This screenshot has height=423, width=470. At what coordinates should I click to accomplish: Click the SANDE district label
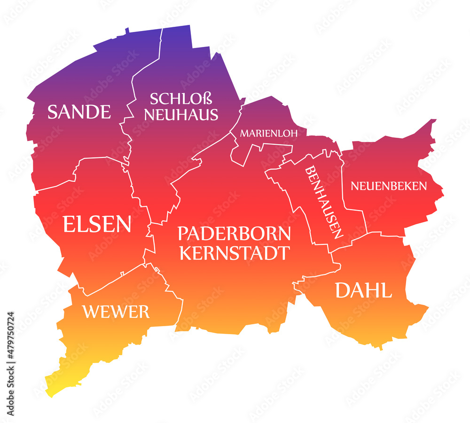click(x=79, y=112)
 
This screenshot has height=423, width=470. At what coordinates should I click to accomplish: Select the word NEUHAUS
click(x=181, y=114)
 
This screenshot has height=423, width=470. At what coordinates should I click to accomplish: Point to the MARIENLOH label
click(x=269, y=133)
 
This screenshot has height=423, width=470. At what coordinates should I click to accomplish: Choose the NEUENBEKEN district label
click(x=389, y=186)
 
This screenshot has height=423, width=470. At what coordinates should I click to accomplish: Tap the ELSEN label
click(x=97, y=224)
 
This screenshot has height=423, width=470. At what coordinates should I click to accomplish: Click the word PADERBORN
click(x=234, y=234)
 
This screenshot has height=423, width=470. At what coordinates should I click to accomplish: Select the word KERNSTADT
click(x=234, y=253)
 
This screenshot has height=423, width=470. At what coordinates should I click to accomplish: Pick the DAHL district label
click(x=363, y=291)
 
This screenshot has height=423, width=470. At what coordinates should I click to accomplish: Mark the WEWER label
click(x=116, y=311)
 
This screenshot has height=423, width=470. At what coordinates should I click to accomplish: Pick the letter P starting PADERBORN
click(x=182, y=234)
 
